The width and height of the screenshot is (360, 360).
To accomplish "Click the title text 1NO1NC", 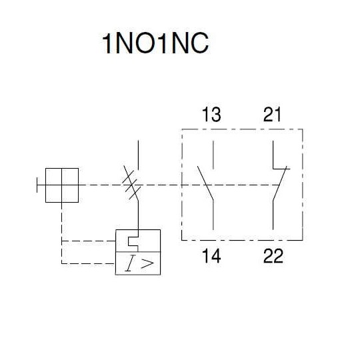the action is [x=155, y=43].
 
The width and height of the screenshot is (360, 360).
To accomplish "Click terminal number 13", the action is [x=211, y=115].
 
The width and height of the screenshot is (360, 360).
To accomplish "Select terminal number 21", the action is [x=272, y=115].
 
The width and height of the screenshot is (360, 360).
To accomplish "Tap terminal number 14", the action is [x=211, y=256].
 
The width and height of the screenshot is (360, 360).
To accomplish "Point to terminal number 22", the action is [x=273, y=256].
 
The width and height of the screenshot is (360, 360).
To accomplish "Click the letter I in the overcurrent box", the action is [x=130, y=263].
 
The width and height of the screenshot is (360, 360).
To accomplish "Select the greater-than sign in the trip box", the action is [x=147, y=263].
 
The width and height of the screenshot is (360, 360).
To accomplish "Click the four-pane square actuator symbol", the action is [x=62, y=185].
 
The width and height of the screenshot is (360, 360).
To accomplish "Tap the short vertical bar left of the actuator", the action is [x=37, y=185].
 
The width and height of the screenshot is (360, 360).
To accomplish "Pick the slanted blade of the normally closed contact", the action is [x=280, y=184].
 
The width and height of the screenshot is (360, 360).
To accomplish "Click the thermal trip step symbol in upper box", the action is [x=133, y=241].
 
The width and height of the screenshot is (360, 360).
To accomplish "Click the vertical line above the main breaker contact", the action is [x=138, y=155].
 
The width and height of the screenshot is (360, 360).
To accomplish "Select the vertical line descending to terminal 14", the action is [x=213, y=215].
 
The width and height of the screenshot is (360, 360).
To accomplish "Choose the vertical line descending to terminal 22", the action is [x=273, y=215].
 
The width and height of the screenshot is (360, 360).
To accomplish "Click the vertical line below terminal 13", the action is [x=213, y=155].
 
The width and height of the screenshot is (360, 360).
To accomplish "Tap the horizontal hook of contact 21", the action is [x=281, y=169].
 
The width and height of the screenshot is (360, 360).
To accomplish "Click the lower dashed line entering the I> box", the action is [x=88, y=263].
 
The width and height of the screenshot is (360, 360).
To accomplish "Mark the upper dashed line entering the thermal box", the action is [x=88, y=241].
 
